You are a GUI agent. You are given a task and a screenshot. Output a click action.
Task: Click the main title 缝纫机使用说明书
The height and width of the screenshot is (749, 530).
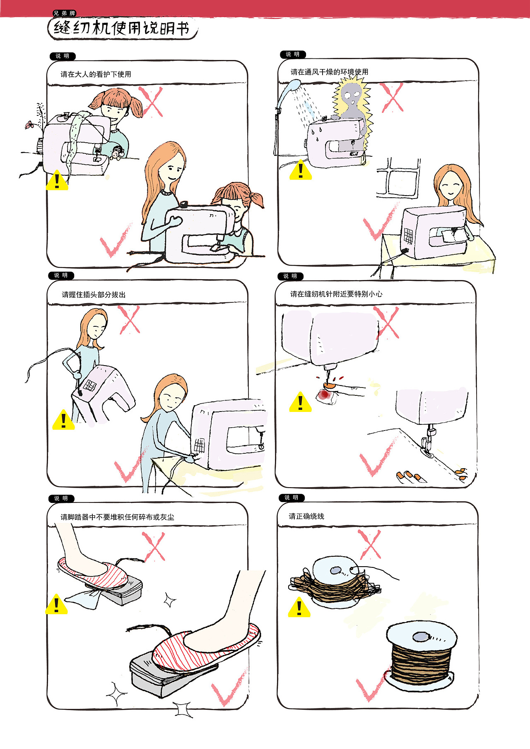coord(122,28)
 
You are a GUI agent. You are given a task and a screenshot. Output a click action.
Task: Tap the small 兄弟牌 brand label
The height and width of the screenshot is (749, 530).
coord(64,13)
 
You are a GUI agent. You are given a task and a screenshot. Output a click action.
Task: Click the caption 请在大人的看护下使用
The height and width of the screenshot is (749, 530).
coord(96,74)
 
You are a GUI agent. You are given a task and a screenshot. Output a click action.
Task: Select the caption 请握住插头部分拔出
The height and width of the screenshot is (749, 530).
coord(94,294)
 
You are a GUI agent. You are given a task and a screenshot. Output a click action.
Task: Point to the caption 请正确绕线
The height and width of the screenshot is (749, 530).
coord(306,516)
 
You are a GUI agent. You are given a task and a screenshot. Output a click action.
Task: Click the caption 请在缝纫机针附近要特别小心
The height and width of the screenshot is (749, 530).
coord(336,294)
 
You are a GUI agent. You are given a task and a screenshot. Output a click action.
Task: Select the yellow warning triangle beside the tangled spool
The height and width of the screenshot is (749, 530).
coord(299,607)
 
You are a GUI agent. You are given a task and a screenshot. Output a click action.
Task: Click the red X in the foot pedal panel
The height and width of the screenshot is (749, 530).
coord(153,546)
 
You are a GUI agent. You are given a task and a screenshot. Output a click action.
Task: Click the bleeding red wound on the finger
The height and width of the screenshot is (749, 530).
coord(324,395)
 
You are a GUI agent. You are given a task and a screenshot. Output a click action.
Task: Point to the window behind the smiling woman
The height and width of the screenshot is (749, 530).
coord(398,177)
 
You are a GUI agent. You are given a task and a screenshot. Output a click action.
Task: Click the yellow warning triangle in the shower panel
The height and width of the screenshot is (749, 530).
coord(301,170)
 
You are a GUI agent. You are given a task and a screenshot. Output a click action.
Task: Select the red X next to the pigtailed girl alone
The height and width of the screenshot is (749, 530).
coord(151,102)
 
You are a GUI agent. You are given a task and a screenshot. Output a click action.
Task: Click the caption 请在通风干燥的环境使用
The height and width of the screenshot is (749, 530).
coord(330,72)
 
